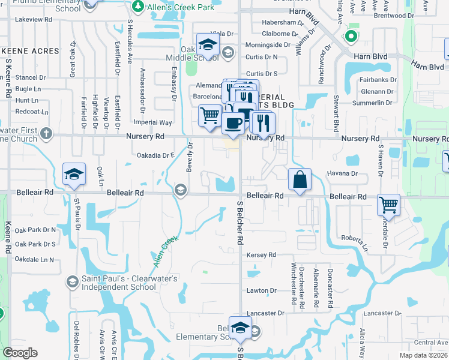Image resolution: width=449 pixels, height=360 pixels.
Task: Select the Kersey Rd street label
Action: (261, 255)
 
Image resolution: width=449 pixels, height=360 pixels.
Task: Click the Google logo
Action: (20, 353)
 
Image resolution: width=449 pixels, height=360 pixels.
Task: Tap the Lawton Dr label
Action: (261, 290)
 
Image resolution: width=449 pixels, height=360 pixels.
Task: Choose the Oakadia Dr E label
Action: (155, 155)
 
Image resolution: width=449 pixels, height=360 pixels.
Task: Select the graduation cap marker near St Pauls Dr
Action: (74, 175)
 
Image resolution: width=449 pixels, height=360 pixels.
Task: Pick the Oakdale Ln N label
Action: (34, 260)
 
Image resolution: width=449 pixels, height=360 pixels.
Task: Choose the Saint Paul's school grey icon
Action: (71, 282)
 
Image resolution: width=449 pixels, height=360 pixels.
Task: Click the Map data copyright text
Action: (424, 355)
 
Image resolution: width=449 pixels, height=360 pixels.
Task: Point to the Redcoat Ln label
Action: (32, 112)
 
